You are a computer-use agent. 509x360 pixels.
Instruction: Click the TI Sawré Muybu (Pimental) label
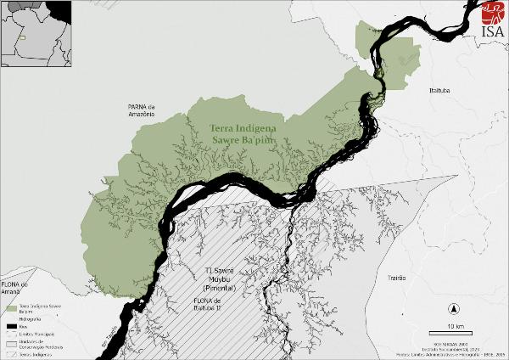click(221, 281)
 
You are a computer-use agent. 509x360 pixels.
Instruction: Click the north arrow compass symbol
click(455, 309)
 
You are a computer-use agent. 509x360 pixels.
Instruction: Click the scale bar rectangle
click(455, 321)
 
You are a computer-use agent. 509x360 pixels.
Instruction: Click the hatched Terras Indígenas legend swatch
click(11, 352)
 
